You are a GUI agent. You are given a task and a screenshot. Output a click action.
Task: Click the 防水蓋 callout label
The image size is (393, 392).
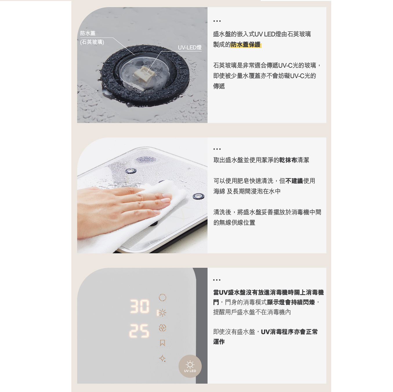click(88, 33)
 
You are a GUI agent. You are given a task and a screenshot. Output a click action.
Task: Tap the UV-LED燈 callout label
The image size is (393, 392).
click(190, 48)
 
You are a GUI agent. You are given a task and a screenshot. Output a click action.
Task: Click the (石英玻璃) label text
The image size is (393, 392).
click(92, 42)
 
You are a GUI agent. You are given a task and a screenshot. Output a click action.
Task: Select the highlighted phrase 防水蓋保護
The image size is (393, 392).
click(246, 45)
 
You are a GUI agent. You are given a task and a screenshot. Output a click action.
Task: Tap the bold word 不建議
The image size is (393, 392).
click(294, 181)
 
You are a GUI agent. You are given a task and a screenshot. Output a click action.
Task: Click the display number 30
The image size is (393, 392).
click(140, 306)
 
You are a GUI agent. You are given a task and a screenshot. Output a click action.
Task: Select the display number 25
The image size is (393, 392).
click(139, 331)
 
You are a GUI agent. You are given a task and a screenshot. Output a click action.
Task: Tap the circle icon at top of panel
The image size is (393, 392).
click(162, 297)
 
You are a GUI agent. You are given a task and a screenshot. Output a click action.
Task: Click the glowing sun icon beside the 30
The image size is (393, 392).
click(162, 313)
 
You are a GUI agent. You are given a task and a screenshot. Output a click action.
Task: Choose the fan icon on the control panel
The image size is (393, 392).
click(162, 328)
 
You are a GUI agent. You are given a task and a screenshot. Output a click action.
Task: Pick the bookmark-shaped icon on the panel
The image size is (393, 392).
click(162, 343)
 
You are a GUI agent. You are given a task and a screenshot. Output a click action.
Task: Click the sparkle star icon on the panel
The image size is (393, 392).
click(163, 359)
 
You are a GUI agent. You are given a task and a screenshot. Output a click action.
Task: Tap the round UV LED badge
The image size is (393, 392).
click(190, 366)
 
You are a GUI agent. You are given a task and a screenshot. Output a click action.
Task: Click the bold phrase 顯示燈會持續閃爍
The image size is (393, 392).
click(291, 302)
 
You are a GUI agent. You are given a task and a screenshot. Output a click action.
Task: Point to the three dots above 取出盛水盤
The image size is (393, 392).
click(217, 149)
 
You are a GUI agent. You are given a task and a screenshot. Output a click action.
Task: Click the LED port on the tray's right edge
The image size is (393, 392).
click(198, 197)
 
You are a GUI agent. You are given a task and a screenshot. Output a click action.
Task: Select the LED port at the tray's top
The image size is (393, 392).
click(131, 170)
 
